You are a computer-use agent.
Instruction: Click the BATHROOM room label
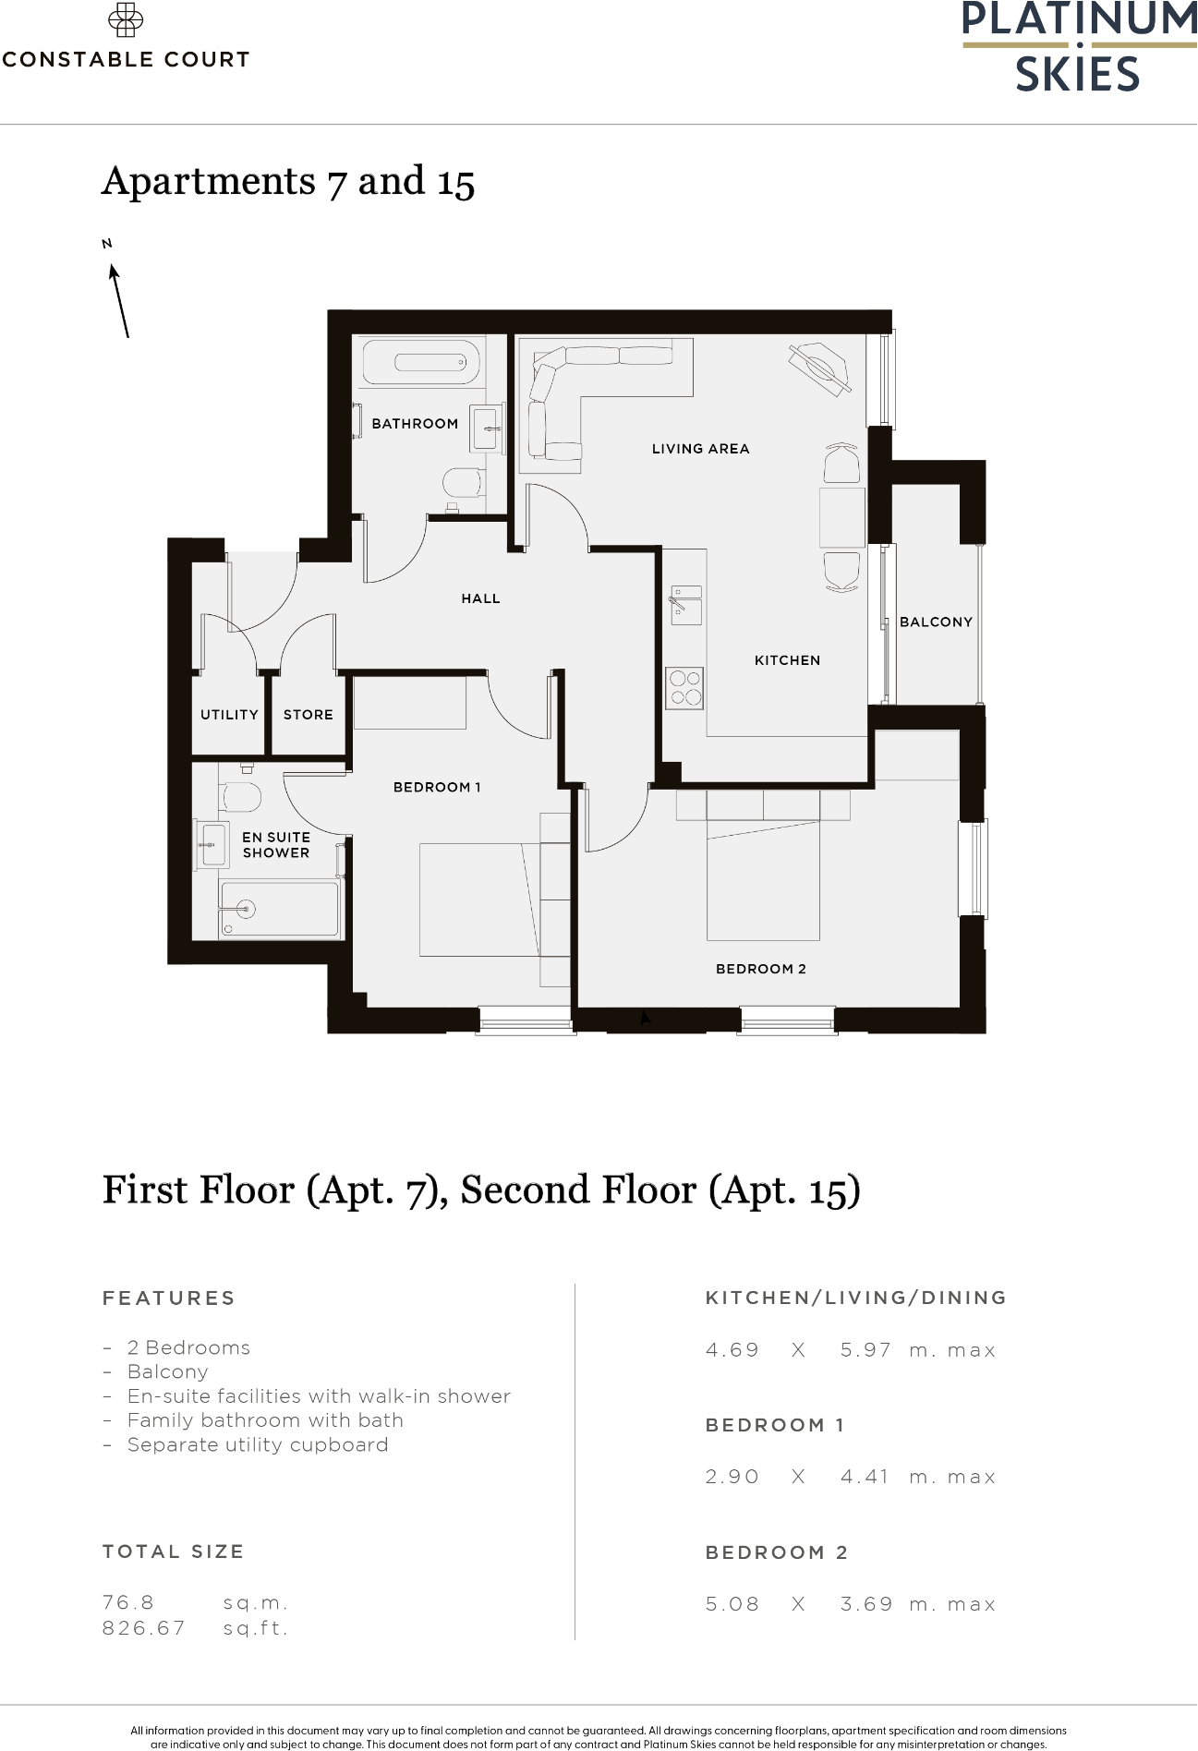click(415, 424)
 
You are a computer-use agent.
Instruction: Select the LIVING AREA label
click(700, 449)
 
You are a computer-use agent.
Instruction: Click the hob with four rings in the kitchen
click(684, 688)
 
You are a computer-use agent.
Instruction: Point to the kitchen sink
click(685, 605)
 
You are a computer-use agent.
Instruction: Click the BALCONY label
click(936, 622)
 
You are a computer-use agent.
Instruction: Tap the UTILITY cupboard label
click(229, 715)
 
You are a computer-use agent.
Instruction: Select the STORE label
click(308, 715)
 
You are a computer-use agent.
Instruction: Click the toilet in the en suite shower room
click(241, 797)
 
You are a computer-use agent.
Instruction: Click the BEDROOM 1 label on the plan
click(437, 788)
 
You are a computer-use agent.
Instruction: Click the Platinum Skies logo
click(1079, 46)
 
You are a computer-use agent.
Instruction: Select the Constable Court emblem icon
click(125, 20)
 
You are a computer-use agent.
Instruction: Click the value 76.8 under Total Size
click(128, 1602)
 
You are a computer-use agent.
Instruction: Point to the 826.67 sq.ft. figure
click(144, 1627)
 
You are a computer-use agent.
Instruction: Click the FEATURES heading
click(169, 1298)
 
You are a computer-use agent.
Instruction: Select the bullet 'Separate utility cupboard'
click(257, 1444)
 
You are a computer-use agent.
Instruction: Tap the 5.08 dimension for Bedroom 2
click(732, 1604)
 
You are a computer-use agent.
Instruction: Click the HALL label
click(480, 599)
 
